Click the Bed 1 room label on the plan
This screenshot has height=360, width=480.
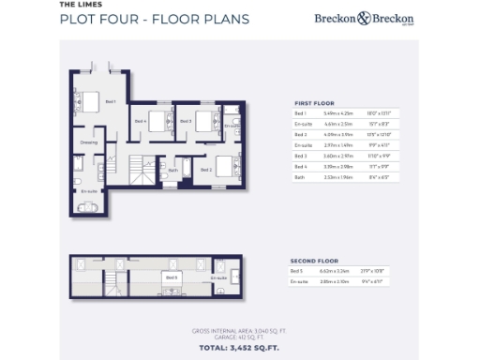coord(111,101)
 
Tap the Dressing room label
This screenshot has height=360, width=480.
coord(89,142)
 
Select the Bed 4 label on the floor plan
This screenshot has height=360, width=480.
coord(141,121)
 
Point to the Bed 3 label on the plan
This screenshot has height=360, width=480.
coord(186,121)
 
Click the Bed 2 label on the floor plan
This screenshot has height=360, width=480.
coord(206,171)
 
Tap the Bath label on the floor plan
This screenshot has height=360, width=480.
coord(173,171)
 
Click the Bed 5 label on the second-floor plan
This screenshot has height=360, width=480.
coord(172,277)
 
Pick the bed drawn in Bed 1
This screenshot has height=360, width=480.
coord(89,100)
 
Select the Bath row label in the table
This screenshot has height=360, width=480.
coord(300,176)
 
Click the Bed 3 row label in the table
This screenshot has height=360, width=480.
coord(301,156)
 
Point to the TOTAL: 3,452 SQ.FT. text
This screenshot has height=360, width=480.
coord(238,348)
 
